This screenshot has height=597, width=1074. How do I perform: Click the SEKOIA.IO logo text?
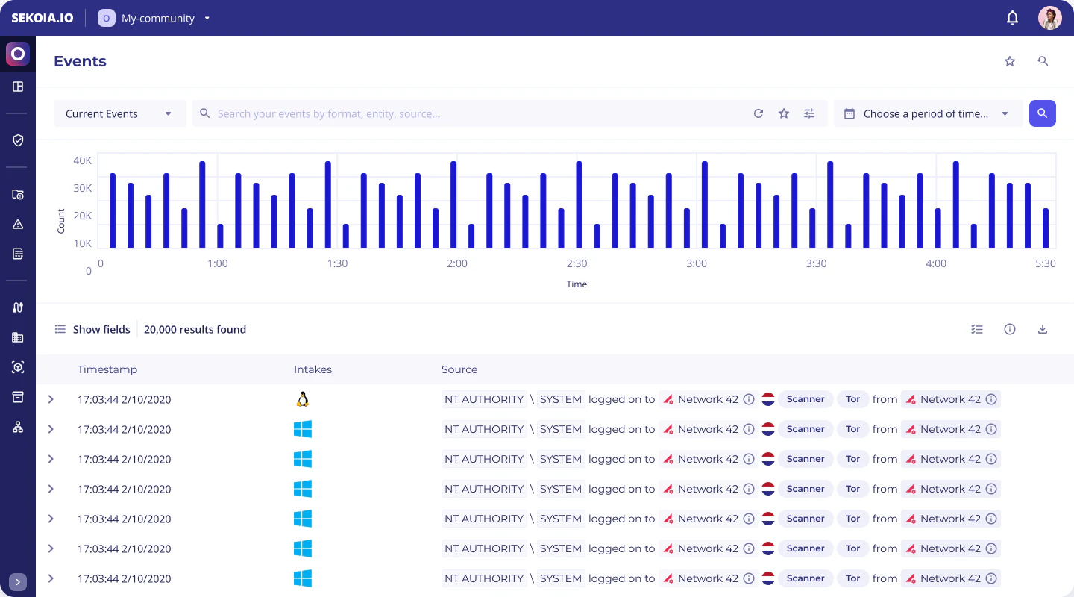43,18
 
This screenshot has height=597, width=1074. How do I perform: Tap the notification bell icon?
1012,18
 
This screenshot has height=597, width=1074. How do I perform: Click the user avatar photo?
1049,18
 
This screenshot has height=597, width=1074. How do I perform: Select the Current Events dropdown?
119,113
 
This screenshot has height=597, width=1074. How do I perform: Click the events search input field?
477,113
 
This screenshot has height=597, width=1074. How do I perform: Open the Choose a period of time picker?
927,113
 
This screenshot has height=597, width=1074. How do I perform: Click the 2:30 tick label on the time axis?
577,263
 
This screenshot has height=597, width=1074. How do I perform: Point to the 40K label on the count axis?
82,160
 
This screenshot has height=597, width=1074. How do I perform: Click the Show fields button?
92,329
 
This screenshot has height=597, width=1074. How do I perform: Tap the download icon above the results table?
1043,329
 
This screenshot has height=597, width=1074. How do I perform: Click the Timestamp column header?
107,369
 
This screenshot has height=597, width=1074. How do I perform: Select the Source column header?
459,369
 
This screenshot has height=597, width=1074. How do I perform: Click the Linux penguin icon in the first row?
302,399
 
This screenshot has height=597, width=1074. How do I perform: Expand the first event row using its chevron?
51,399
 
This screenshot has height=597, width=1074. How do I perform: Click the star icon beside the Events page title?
1010,61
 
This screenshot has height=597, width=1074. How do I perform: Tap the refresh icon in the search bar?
759,113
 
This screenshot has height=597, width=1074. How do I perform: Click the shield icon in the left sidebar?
18,140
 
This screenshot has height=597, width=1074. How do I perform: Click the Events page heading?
80,61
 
